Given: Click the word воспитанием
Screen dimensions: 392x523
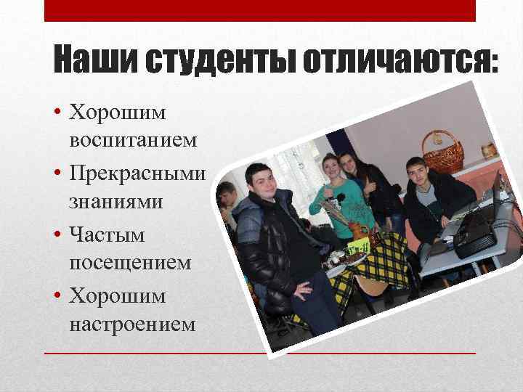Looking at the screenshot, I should click(x=133, y=140).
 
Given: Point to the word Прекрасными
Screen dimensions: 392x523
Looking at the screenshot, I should click(x=137, y=174).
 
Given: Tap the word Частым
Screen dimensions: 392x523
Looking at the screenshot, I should click(x=107, y=235).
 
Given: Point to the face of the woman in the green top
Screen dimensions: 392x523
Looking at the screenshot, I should click(x=331, y=168).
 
